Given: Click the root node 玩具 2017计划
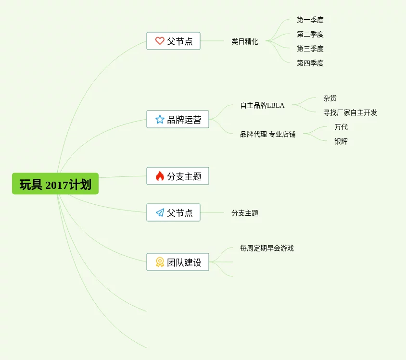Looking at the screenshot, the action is coord(55,184).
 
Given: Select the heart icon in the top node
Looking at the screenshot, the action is coord(160,41).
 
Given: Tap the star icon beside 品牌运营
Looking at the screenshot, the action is coord(160,119).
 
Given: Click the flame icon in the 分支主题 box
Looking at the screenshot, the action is coord(160,176).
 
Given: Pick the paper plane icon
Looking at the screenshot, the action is coord(160,212).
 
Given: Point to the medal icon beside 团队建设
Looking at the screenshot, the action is coord(160,262).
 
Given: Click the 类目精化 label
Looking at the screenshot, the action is coord(244,41).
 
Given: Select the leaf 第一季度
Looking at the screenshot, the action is coord(310,20).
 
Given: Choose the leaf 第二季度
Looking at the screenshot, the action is coord(310,34).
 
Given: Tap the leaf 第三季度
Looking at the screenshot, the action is coord(310,49).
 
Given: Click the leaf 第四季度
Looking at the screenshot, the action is coord(310,63).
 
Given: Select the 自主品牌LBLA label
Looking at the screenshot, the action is coord(262,105).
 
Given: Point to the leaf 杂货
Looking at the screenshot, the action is coord(330,98).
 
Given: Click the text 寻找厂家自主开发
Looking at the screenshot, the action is coord(350,112).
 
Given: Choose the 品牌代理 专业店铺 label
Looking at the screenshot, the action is coord(268,134).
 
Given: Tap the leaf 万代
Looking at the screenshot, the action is coord(341,127).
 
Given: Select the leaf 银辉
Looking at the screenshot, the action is coord(341,141).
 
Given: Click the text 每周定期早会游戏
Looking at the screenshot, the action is coord(266,248).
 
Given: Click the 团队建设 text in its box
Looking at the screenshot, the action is coord(184,262).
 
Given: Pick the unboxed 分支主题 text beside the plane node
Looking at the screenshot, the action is coord(244,213).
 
